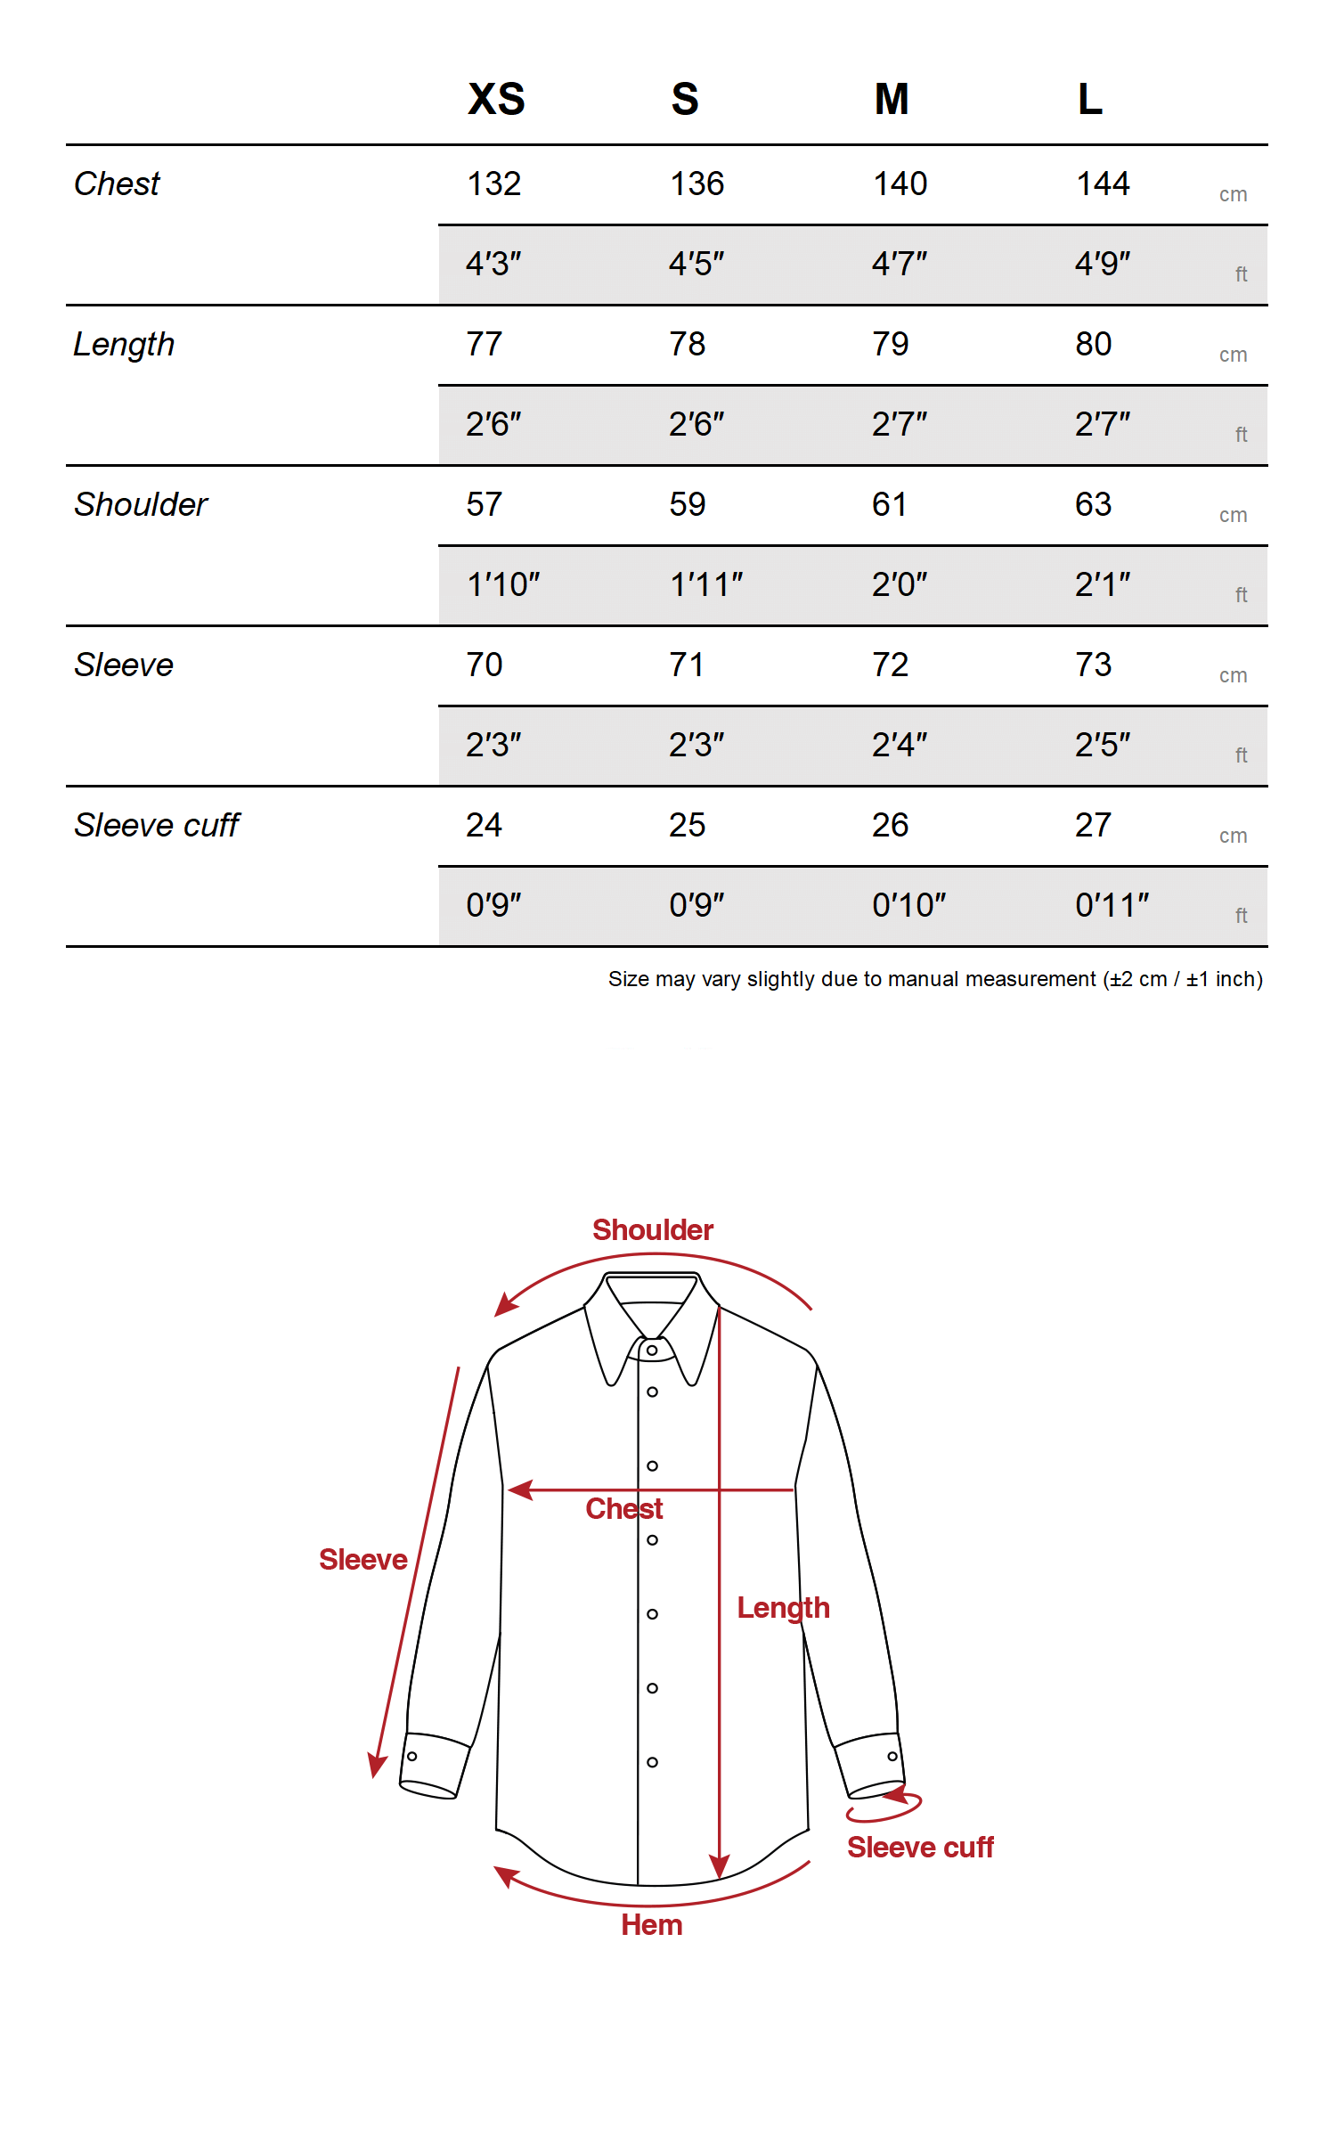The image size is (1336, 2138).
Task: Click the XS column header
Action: pyautogui.click(x=496, y=99)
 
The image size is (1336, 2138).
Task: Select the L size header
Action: pyautogui.click(x=1090, y=99)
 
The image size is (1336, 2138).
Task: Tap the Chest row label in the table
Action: pyautogui.click(x=117, y=184)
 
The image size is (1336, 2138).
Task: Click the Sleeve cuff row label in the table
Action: pyautogui.click(x=157, y=826)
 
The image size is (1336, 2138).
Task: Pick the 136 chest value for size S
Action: pyautogui.click(x=697, y=184)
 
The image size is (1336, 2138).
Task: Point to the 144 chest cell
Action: pyautogui.click(x=1103, y=184)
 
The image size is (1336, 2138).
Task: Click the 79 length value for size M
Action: pyautogui.click(x=890, y=345)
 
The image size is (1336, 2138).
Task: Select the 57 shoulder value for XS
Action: pyautogui.click(x=485, y=505)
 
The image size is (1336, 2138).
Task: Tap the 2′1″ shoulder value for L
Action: pyautogui.click(x=1103, y=585)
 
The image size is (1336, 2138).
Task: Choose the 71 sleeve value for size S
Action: pyautogui.click(x=687, y=665)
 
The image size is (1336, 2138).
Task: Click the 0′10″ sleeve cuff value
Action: pyautogui.click(x=908, y=906)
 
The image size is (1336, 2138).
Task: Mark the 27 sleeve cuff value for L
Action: pyautogui.click(x=1093, y=826)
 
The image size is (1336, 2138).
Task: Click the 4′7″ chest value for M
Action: pyautogui.click(x=899, y=265)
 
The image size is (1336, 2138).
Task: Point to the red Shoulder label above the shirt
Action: pyautogui.click(x=653, y=1230)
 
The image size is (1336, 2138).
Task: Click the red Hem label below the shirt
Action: pyautogui.click(x=652, y=1925)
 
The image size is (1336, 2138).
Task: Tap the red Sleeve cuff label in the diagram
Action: pyautogui.click(x=920, y=1848)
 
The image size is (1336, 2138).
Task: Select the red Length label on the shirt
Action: pyautogui.click(x=783, y=1608)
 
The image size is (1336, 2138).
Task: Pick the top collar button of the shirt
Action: pyautogui.click(x=653, y=1351)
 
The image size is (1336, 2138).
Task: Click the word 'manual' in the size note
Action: pyautogui.click(x=924, y=980)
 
